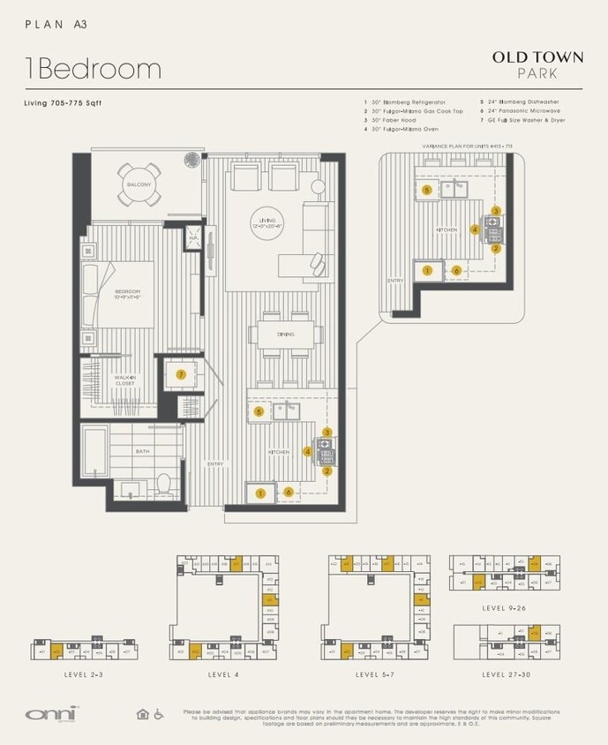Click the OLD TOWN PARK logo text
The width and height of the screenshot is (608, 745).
(x=537, y=64)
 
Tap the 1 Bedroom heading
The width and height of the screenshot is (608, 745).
(x=93, y=69)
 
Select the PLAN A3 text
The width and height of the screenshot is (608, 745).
(x=56, y=26)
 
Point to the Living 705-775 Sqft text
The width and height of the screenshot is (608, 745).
(x=63, y=103)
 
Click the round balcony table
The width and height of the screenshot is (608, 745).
(x=139, y=184)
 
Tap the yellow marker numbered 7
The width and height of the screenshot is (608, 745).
(x=181, y=375)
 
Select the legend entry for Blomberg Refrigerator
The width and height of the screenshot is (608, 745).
(x=407, y=102)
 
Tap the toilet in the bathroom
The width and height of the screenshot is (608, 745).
(x=163, y=483)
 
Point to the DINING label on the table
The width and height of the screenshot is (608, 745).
(x=284, y=334)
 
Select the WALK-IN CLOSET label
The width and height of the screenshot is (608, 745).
(x=124, y=380)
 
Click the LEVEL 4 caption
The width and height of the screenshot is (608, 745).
(x=224, y=674)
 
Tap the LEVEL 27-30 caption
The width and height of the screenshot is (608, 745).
(x=507, y=674)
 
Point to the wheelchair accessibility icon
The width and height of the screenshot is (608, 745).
(x=160, y=714)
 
